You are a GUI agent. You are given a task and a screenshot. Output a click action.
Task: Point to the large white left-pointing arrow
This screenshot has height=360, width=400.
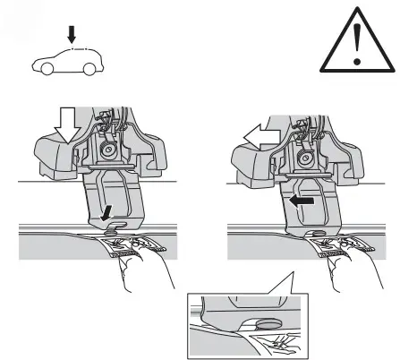click(x=260, y=135)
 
